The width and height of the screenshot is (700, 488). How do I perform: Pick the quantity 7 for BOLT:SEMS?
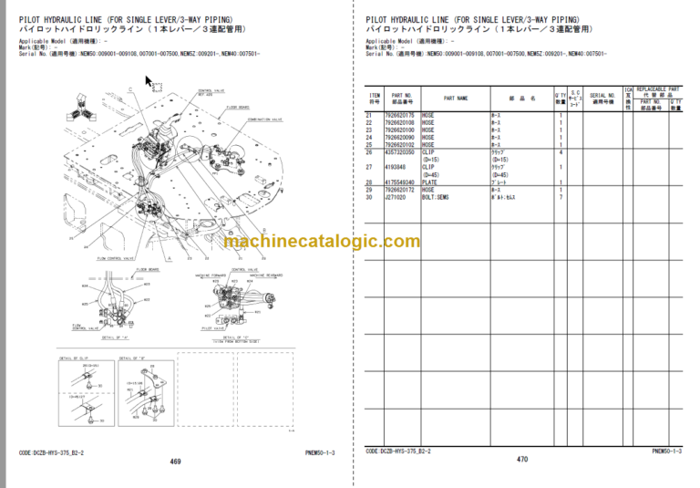[560, 196]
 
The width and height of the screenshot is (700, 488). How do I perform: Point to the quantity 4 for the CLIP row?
[560, 151]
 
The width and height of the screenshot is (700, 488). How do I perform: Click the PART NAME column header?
[457, 98]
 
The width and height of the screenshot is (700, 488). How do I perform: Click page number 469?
[175, 462]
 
